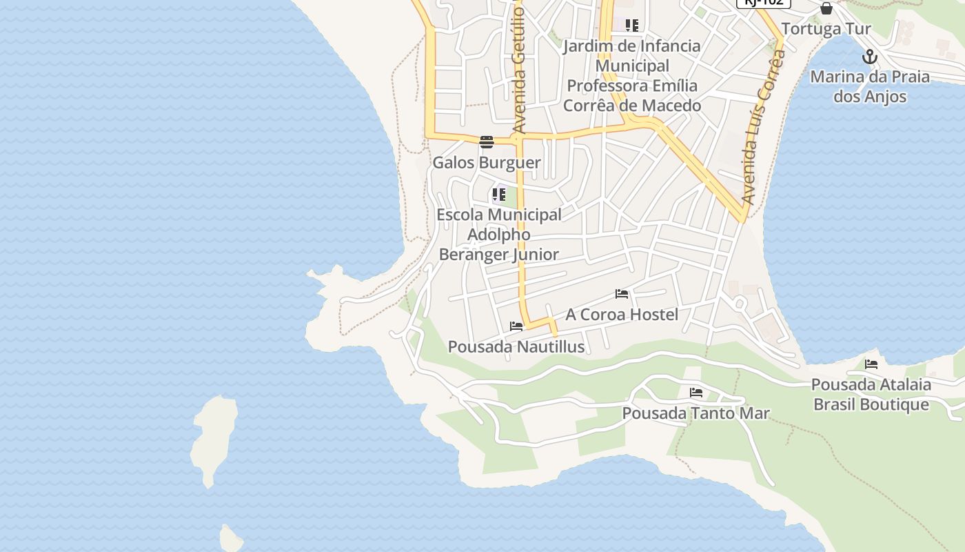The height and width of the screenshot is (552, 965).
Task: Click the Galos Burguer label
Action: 486,163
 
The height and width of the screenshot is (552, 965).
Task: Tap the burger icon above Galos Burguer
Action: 487,143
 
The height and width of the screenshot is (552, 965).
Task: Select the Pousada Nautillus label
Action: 516,346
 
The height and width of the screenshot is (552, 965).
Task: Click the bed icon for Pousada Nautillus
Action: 516,326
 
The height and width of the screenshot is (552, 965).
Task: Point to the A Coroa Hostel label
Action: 622,315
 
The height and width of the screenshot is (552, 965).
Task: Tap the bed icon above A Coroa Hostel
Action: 622,294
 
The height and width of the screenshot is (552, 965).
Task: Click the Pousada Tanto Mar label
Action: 695,413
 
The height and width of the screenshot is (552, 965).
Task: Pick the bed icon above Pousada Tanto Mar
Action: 696,393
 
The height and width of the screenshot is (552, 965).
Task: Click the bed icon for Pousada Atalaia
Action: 871,364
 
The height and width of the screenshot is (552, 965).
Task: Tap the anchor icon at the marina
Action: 870,57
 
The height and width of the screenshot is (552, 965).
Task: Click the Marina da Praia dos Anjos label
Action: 869,86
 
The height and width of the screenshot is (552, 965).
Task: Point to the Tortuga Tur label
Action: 826,29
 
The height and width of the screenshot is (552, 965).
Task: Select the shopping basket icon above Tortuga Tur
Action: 826,9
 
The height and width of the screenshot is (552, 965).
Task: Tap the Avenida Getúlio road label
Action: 519,69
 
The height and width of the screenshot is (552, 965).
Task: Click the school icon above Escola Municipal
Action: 499,195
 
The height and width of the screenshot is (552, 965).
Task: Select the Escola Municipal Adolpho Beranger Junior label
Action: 499,235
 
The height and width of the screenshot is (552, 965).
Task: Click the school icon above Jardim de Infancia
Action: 632,26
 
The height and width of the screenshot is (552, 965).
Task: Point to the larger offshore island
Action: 214,439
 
